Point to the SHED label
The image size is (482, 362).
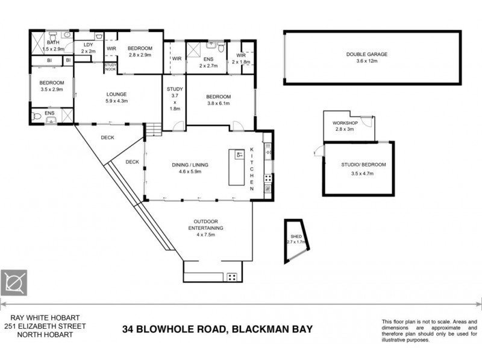(x=296, y=237)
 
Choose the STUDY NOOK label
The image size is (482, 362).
(x=110, y=67)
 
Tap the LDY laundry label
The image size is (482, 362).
(x=89, y=44)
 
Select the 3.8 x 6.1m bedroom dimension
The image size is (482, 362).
(x=218, y=104)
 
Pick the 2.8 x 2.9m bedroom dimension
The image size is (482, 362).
(x=140, y=56)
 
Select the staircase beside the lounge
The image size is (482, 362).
(x=154, y=129)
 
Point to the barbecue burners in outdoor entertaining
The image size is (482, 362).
(x=232, y=277)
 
